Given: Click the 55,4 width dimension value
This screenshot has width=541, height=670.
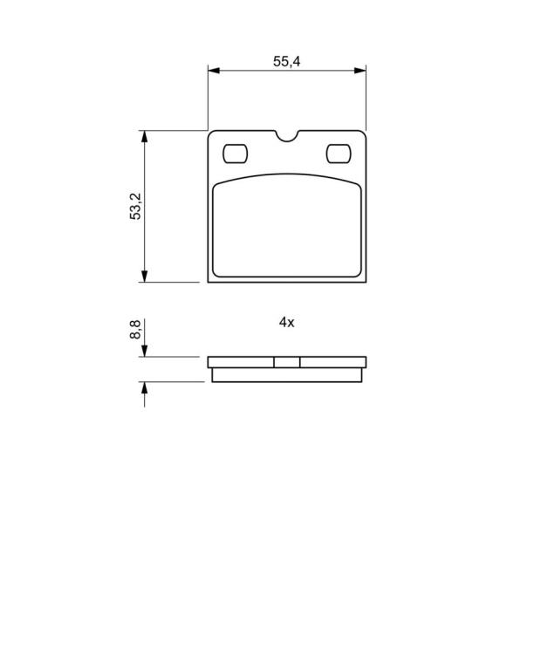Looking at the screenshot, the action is [x=287, y=62].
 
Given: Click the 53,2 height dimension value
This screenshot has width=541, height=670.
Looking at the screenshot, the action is [x=135, y=206].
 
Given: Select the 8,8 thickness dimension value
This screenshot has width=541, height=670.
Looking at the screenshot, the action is [x=135, y=330].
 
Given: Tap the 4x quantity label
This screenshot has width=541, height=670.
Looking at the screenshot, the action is [x=287, y=322].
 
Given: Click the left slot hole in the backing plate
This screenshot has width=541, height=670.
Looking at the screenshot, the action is [x=235, y=154].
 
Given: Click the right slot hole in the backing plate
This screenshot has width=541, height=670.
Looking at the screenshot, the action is [x=339, y=154].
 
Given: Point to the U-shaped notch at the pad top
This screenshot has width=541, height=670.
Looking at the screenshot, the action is [x=287, y=136].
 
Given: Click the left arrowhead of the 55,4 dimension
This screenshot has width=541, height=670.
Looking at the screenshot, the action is [x=214, y=71].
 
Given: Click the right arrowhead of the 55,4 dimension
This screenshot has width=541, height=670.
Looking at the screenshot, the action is [x=360, y=71].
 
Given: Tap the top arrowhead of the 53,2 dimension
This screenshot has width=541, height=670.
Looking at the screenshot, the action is [x=145, y=136].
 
